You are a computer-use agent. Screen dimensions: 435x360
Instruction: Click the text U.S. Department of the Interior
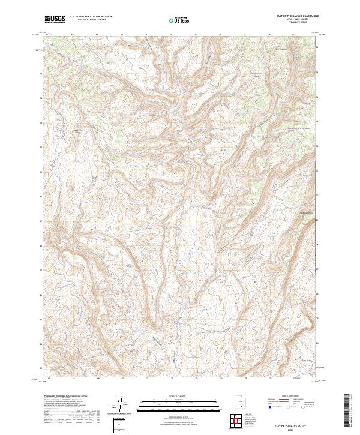[x=91, y=17]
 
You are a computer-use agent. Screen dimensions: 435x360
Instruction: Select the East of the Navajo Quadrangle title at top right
[x=298, y=17]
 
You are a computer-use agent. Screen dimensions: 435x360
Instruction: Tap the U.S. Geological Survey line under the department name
[x=91, y=20]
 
